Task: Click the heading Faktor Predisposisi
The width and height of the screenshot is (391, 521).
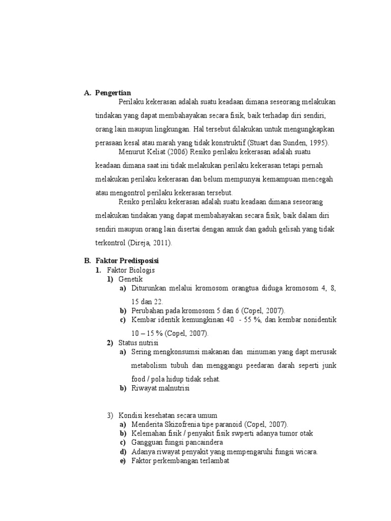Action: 127,260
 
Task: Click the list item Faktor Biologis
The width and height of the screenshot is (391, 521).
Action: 131,270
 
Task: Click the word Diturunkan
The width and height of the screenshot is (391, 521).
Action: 151,288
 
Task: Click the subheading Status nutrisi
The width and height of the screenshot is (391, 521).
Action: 138,342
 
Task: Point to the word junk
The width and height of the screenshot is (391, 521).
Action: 327,365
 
